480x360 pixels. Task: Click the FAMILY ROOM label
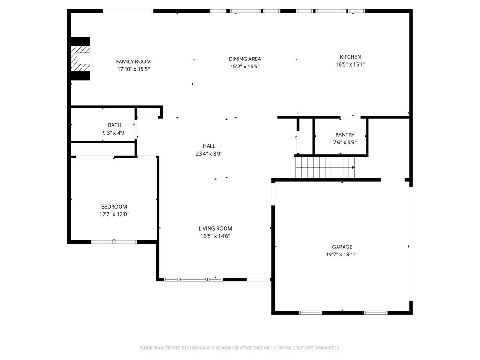133,61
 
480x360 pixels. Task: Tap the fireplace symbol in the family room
80,59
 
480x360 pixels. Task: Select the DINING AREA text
245,59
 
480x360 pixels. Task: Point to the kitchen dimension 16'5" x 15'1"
350,65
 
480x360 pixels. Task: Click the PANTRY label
345,135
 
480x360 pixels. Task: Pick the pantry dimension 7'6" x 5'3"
345,142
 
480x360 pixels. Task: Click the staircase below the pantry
325,167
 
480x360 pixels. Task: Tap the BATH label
114,125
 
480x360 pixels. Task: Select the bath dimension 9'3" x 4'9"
114,133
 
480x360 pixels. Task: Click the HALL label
209,146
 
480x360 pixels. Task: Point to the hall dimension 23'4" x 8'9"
209,154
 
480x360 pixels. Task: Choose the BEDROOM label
114,207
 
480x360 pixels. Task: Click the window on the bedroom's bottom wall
114,242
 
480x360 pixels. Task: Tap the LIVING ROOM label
215,228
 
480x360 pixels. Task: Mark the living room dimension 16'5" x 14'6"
215,236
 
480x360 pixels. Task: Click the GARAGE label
342,247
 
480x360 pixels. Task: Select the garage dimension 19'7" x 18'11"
342,255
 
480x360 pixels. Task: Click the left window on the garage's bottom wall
311,312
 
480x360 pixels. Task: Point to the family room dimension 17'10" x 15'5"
133,69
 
